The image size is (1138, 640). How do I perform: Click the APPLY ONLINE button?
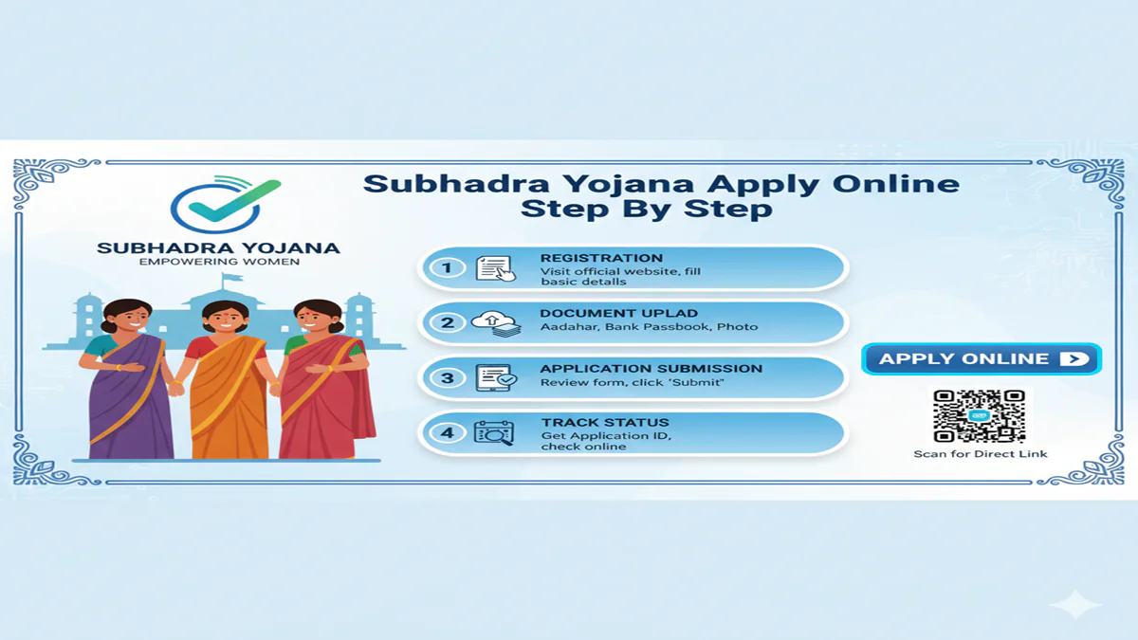tap(982, 359)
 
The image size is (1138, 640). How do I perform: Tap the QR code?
tap(979, 416)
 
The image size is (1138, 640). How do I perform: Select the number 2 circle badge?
tap(448, 322)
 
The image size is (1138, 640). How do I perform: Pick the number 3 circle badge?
tap(448, 377)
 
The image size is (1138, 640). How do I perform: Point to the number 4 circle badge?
tap(448, 433)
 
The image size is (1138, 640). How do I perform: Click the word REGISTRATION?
tap(601, 258)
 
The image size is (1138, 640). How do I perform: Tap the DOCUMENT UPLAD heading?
tap(618, 313)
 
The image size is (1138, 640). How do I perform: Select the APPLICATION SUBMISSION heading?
tap(651, 368)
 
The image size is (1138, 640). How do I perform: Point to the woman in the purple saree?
tap(129, 379)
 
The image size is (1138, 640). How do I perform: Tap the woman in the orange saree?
tap(225, 379)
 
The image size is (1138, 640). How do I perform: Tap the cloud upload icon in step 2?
tap(496, 322)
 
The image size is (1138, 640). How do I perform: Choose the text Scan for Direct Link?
tap(981, 454)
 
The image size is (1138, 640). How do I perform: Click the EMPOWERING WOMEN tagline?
tap(219, 262)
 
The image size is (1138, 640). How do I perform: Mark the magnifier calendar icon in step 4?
tap(494, 433)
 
